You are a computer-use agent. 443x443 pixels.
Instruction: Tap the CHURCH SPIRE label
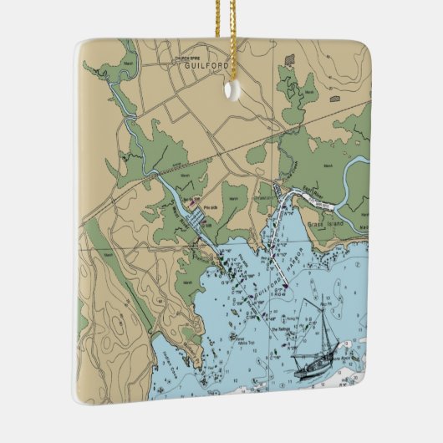[x=188, y=57]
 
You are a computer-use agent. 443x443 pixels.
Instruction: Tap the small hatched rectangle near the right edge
[x=334, y=99]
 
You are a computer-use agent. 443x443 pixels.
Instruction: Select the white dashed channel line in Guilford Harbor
[x=280, y=263]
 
